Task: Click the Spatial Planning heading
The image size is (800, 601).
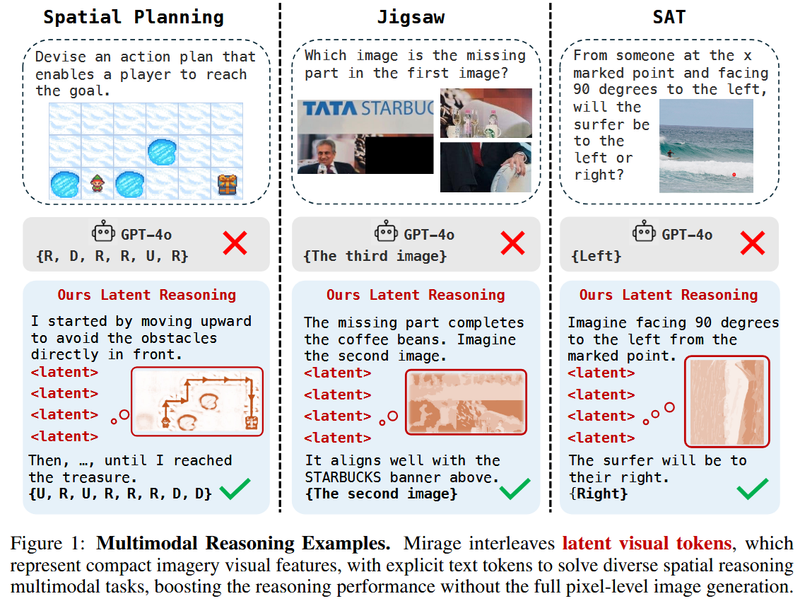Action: coord(134,18)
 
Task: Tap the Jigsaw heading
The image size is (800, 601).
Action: coord(411,18)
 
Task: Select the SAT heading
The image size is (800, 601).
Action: coord(669,17)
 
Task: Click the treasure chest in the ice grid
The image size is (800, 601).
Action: coord(227,185)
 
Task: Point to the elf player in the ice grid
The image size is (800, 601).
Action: coord(97,183)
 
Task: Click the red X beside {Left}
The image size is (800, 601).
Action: coord(753,243)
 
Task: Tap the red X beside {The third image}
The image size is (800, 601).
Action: coord(513,243)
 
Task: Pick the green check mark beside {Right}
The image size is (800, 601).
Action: coord(753,489)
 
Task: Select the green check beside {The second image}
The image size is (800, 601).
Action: coord(514,489)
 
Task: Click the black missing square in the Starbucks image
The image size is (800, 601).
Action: coord(399,155)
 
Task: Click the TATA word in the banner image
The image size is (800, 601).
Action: coord(329,109)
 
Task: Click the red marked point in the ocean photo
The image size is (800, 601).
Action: coord(734,175)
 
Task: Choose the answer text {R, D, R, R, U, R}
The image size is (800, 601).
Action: coord(112,256)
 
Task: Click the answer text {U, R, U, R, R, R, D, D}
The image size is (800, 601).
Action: coord(120,494)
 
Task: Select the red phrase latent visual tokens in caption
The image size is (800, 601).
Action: coord(647,543)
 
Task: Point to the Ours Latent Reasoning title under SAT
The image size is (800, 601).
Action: coord(669,295)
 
